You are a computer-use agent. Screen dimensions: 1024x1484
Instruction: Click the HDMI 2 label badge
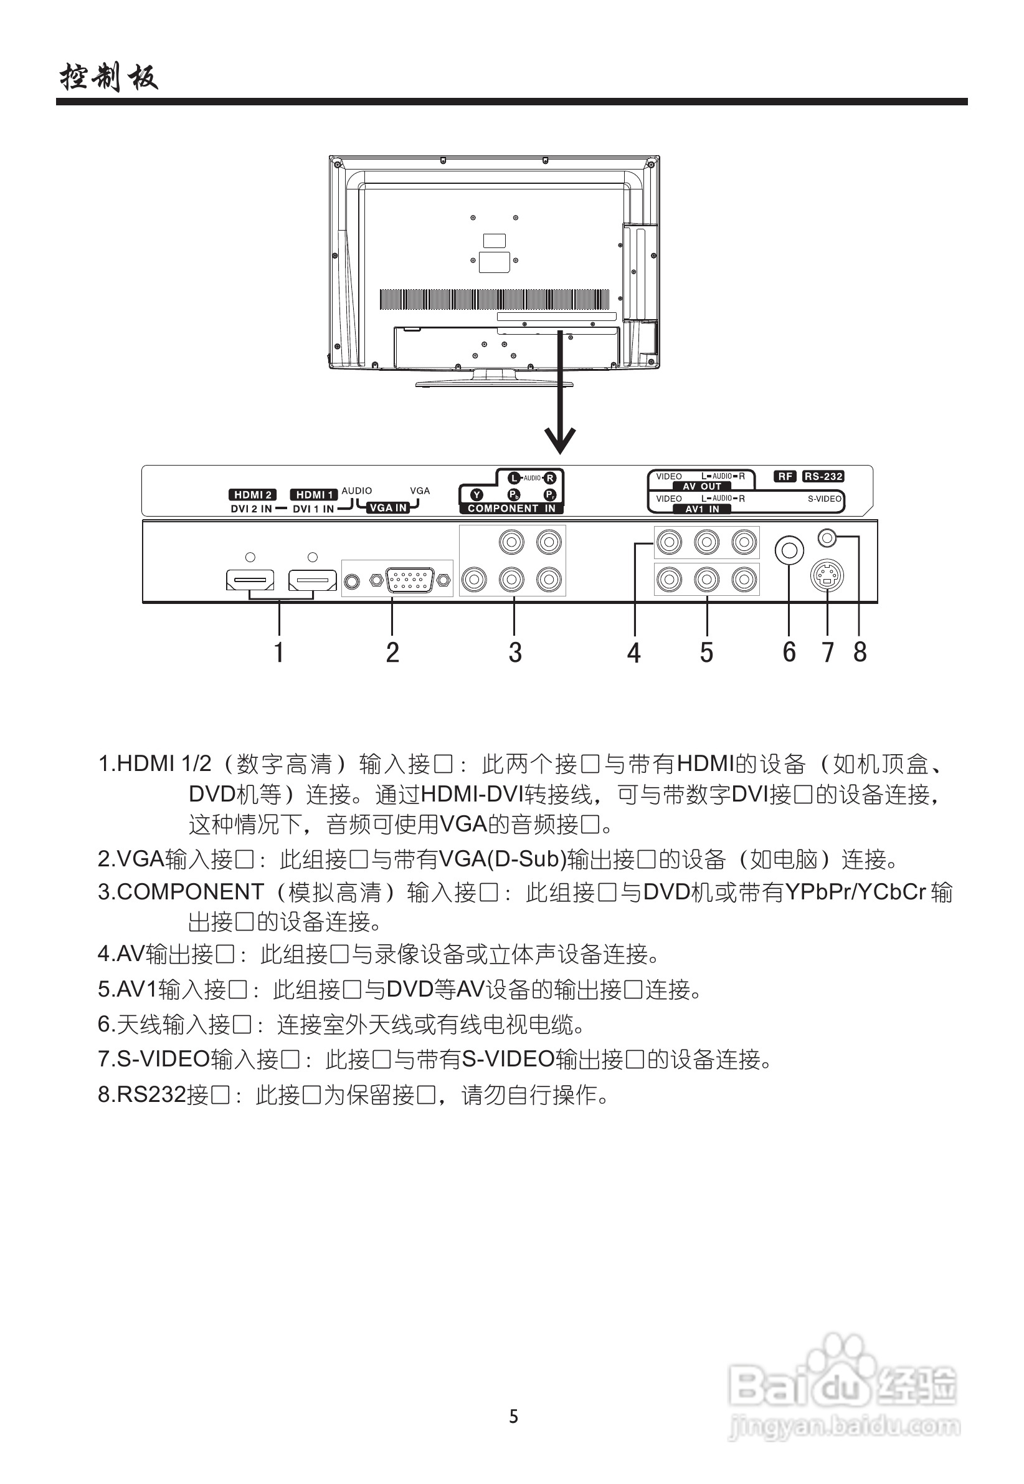(x=252, y=494)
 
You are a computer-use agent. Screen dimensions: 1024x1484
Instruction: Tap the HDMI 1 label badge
(x=314, y=494)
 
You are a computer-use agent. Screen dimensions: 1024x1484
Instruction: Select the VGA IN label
(x=389, y=508)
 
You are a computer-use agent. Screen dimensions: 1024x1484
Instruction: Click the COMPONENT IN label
(x=511, y=509)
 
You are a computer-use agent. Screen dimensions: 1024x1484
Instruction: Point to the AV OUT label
(x=702, y=487)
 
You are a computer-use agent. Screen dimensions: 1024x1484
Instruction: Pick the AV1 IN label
(x=702, y=509)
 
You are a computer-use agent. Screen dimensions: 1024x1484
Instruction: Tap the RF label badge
(x=785, y=476)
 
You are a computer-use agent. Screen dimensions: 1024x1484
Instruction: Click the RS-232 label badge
(x=823, y=476)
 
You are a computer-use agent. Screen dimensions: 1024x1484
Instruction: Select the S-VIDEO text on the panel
(x=824, y=499)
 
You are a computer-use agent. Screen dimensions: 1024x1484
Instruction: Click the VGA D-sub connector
(x=409, y=580)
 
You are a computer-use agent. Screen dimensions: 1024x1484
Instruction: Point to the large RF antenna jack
(x=789, y=550)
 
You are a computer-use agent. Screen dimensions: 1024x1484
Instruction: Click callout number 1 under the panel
(x=278, y=652)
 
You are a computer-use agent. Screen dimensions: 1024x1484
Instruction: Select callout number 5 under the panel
(x=706, y=652)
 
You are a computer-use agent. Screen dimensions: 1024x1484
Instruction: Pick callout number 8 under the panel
(x=860, y=652)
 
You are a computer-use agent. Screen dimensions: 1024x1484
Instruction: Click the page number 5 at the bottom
(x=513, y=1417)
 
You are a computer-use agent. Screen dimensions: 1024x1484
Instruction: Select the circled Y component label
(x=476, y=495)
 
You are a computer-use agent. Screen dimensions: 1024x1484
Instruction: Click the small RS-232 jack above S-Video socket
(x=828, y=537)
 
